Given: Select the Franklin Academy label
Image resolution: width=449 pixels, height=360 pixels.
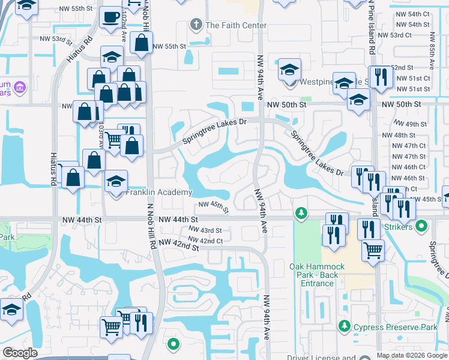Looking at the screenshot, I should tap(159, 193).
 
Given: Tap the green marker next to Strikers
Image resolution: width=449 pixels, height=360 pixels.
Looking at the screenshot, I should tap(421, 227).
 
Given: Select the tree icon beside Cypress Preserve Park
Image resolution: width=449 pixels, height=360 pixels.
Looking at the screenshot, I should tap(345, 326).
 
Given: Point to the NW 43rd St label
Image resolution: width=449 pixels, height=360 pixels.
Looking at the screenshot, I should tap(205, 230).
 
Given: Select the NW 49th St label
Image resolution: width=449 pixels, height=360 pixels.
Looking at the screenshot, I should tap(415, 124).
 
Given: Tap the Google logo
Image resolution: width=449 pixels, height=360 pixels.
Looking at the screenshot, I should tap(20, 353).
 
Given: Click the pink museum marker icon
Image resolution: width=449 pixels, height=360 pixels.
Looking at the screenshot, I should tap(20, 88).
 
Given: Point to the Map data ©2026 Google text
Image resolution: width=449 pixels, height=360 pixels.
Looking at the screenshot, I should tap(411, 355).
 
